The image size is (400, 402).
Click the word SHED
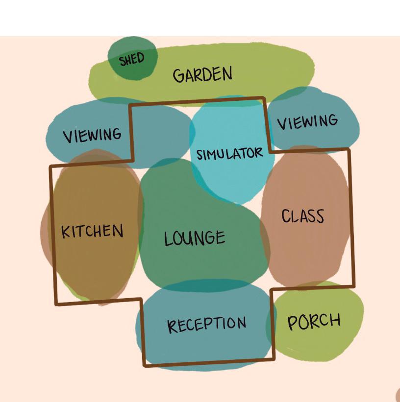[132, 60]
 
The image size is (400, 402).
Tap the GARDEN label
[202, 75]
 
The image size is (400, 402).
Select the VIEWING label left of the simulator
[92, 135]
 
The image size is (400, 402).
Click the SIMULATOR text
[229, 154]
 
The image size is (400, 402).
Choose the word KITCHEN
[92, 231]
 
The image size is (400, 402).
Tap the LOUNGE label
[195, 238]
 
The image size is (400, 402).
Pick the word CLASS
[303, 216]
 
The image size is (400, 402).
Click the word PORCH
[314, 322]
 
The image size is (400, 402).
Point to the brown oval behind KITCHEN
[93, 264]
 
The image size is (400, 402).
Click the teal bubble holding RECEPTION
[206, 348]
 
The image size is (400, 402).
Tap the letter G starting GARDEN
[178, 76]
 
